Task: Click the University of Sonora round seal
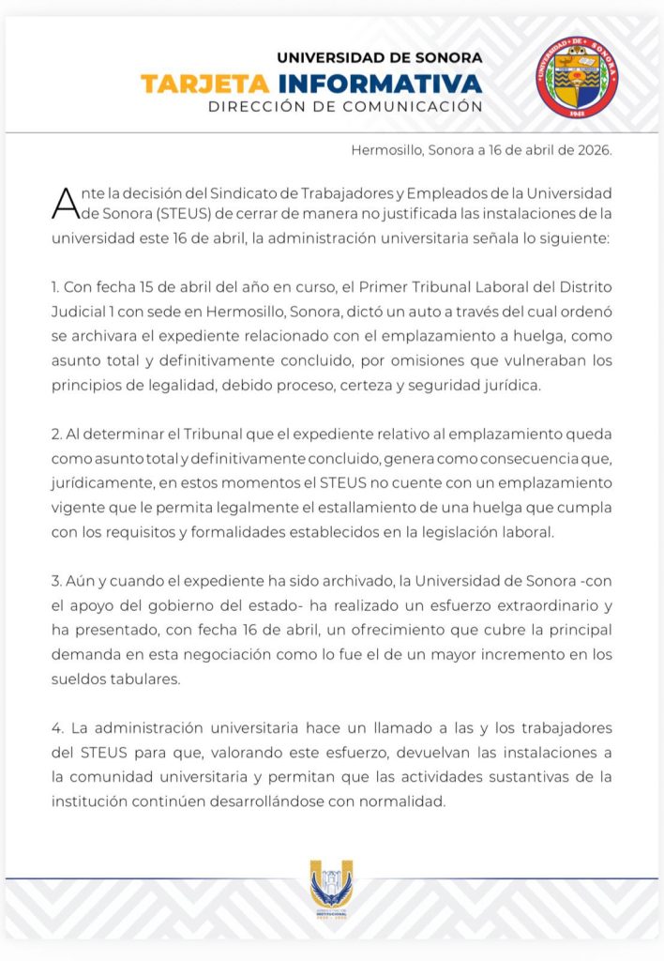tap(578, 77)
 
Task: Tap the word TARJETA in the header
tap(192, 84)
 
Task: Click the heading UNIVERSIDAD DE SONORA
tap(379, 57)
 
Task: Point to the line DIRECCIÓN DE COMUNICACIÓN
tap(345, 107)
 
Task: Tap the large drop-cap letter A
tap(64, 201)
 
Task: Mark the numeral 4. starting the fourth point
tap(56, 728)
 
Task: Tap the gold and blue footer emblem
tap(331, 889)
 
